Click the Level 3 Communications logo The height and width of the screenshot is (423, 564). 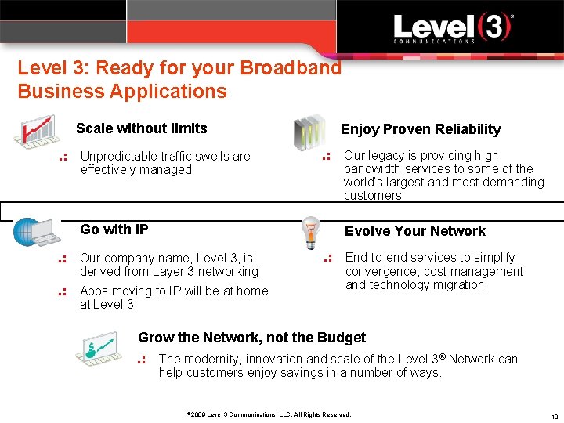[x=452, y=30]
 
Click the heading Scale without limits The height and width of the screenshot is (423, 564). [x=141, y=128]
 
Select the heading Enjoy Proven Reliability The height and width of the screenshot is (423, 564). [x=420, y=129]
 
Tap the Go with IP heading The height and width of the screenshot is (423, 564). [x=114, y=230]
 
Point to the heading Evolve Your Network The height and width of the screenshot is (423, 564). [x=414, y=231]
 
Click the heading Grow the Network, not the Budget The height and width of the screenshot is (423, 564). [x=251, y=338]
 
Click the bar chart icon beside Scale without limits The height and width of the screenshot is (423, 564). [x=34, y=131]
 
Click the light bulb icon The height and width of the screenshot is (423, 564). [x=312, y=233]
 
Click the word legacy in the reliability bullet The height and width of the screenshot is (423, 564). [x=387, y=155]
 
